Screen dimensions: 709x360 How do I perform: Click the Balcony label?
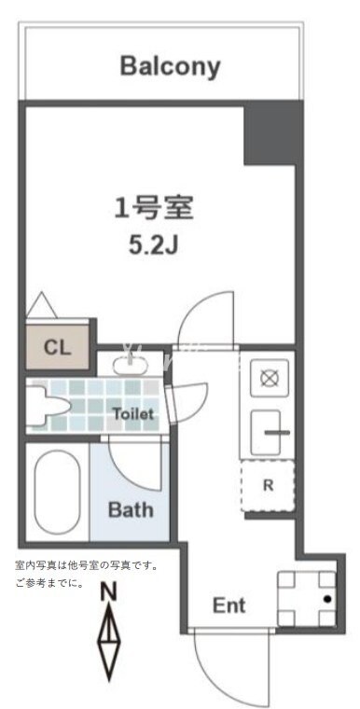170,66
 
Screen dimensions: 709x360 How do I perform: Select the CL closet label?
57,347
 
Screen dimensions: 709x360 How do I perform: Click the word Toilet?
133,412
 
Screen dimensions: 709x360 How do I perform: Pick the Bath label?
131,510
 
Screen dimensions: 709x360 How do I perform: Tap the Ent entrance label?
229,605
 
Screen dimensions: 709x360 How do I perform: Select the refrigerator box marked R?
269,485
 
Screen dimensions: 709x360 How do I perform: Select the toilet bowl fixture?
47,407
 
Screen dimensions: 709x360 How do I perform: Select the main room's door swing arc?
207,317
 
